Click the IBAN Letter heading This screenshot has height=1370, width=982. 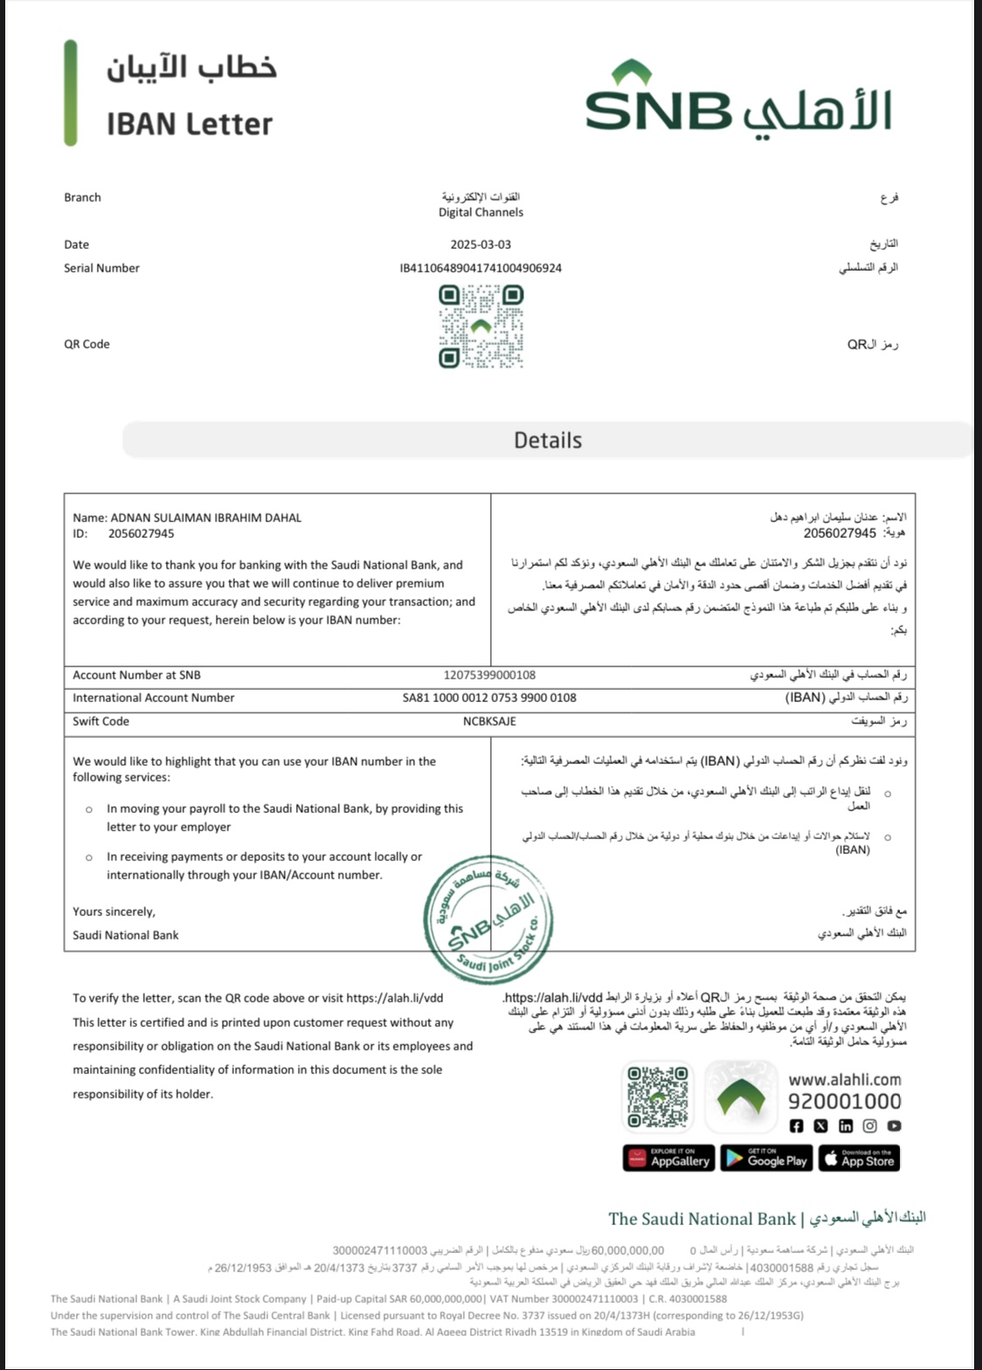[190, 124]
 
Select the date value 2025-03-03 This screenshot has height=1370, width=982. [481, 244]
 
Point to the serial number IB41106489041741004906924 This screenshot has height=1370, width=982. [481, 268]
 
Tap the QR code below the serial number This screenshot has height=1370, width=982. [481, 327]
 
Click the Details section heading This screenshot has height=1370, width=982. [548, 440]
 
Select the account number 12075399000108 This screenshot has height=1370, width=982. [489, 675]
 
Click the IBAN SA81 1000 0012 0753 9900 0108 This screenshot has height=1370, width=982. [489, 698]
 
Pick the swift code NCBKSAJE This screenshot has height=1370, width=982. [489, 721]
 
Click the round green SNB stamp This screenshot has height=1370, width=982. [488, 919]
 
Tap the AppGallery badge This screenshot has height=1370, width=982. [668, 1159]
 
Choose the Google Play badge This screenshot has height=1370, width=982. [767, 1159]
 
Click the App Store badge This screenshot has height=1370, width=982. [859, 1159]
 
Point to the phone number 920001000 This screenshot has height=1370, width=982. [844, 1101]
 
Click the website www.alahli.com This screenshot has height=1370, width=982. [844, 1079]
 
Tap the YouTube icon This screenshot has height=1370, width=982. [894, 1126]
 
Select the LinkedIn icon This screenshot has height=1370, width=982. [845, 1126]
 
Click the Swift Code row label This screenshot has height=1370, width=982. [100, 721]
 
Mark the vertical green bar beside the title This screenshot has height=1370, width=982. [71, 93]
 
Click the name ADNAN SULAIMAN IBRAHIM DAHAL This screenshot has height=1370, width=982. [205, 518]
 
